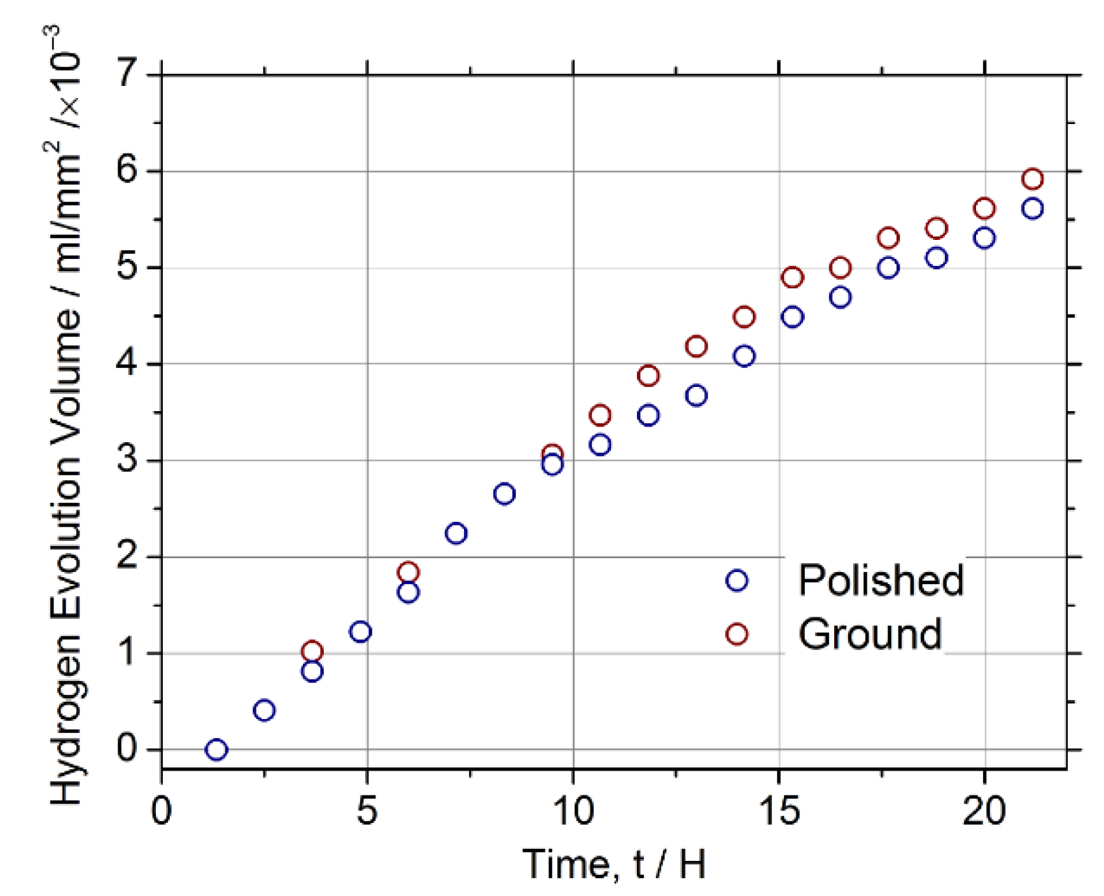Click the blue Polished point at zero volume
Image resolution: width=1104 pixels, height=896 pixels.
click(216, 750)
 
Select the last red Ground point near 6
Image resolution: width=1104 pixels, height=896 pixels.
click(1032, 179)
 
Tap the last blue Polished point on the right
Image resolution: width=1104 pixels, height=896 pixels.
click(1032, 209)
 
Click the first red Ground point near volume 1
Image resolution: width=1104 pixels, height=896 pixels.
click(312, 651)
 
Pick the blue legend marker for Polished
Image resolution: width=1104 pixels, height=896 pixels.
click(737, 580)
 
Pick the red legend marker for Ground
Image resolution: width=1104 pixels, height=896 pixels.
click(737, 634)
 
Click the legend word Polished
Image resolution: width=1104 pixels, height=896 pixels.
click(881, 580)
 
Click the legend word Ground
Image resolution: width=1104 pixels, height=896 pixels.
click(869, 634)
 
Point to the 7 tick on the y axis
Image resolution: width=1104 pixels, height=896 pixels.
click(127, 74)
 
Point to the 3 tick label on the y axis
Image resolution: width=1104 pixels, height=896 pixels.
click(127, 459)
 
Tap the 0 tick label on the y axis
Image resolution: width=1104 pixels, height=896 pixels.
click(127, 748)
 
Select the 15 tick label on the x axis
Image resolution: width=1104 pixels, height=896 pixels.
click(779, 811)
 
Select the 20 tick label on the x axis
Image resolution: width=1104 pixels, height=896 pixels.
click(984, 811)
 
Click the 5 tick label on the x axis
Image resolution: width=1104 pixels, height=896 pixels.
click(367, 811)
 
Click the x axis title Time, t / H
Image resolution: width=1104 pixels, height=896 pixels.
click(614, 864)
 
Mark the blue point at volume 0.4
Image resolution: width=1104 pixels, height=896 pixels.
click(264, 710)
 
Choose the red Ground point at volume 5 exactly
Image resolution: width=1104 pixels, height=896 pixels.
click(841, 268)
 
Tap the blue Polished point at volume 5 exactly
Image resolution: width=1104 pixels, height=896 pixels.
click(888, 268)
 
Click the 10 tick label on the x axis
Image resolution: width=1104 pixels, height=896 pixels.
click(573, 811)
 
